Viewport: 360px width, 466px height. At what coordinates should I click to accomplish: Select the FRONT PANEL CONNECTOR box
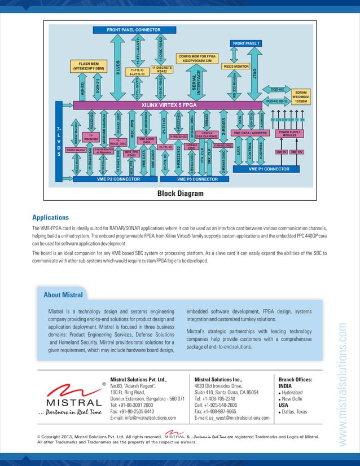pyautogui.click(x=133, y=29)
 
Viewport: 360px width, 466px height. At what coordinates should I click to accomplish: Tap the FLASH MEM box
pyautogui.click(x=89, y=66)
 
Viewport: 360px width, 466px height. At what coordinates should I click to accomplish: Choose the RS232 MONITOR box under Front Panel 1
pyautogui.click(x=236, y=67)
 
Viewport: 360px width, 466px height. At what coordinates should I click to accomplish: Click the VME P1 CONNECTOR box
pyautogui.click(x=269, y=168)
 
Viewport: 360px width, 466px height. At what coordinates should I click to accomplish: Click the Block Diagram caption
pyautogui.click(x=180, y=194)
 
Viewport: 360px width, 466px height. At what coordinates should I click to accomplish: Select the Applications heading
pyautogui.click(x=51, y=217)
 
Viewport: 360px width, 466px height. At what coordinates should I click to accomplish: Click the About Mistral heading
pyautogui.click(x=63, y=294)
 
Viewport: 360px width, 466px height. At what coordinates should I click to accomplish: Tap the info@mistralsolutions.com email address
pyautogui.click(x=143, y=418)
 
